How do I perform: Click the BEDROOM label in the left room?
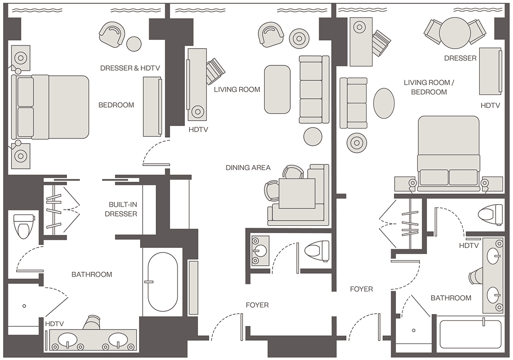pos(116,105)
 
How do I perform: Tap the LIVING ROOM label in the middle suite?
pos(237,90)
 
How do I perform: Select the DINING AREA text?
pos(248,168)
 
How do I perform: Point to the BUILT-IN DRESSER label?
pos(121,209)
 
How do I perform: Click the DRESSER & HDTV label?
pos(130,68)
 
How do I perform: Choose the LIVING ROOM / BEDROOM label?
pos(428,87)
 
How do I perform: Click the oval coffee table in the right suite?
pos(384,103)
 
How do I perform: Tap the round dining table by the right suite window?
pos(455,33)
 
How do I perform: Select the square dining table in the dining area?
pos(297,193)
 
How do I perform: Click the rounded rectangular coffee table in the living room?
pos(277,90)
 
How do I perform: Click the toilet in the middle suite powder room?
pos(316,251)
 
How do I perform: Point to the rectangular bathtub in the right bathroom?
pos(470,334)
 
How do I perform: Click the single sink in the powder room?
pos(260,251)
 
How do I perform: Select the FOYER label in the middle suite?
pos(257,305)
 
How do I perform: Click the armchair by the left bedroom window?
pos(112,34)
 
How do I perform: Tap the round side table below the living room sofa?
pos(313,136)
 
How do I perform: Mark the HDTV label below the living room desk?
pos(198,130)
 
